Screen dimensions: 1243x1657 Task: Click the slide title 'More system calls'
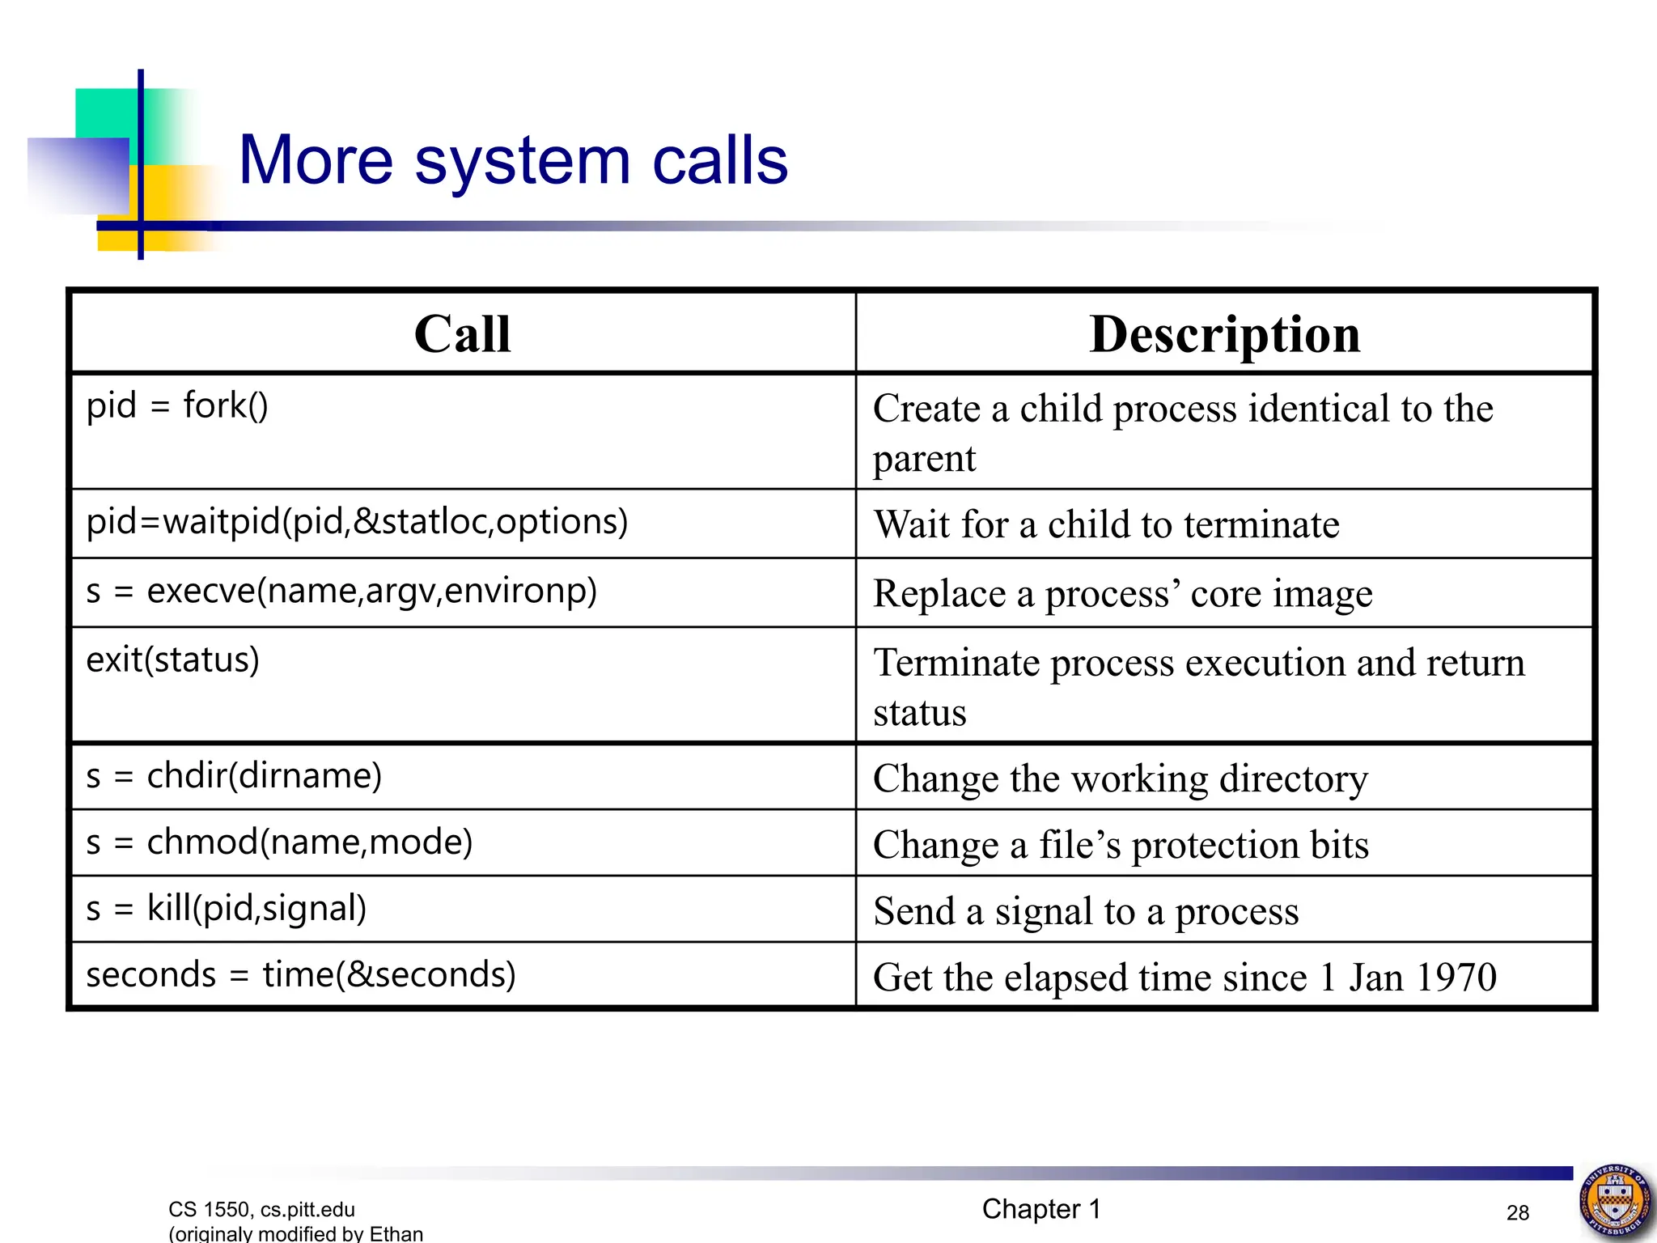click(513, 160)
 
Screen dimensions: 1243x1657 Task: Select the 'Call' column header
click(462, 333)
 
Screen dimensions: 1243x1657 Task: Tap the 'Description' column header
click(1224, 333)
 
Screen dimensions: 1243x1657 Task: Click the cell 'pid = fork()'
click(177, 405)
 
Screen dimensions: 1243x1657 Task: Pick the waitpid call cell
click(357, 522)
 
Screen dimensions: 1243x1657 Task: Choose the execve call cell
click(341, 592)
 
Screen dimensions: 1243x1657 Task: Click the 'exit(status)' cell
click(173, 660)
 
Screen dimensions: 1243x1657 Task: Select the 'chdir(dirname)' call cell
click(234, 776)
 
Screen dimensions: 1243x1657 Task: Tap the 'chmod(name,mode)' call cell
click(279, 842)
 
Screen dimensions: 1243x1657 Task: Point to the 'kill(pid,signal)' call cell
click(227, 909)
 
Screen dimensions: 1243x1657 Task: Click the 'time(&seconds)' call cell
click(301, 975)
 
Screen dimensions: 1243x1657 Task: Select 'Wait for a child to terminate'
click(1106, 524)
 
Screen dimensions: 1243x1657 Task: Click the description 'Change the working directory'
click(1121, 778)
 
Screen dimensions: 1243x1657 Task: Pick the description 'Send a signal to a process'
click(1086, 911)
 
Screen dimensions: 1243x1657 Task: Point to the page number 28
click(1518, 1212)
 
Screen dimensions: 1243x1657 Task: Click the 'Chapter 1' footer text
click(1041, 1209)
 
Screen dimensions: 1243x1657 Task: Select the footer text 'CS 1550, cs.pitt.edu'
click(261, 1209)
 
